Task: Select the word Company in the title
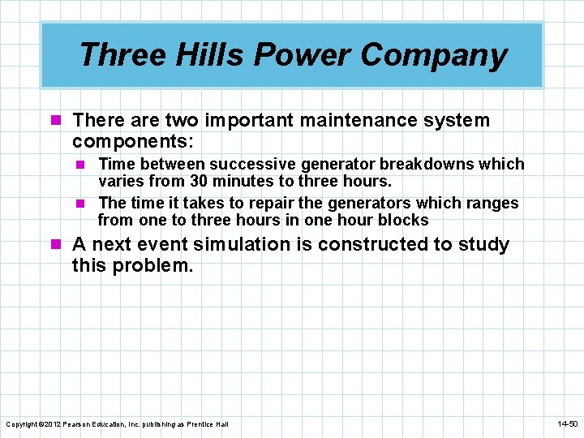pyautogui.click(x=434, y=55)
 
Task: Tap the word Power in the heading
pyautogui.click(x=303, y=55)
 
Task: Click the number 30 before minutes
pyautogui.click(x=200, y=181)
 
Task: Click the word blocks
pyautogui.click(x=403, y=220)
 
